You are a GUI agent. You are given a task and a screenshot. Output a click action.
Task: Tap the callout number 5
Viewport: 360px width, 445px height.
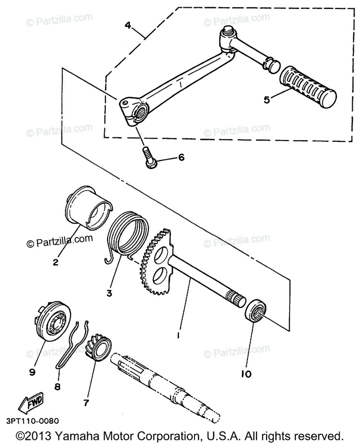[266, 99]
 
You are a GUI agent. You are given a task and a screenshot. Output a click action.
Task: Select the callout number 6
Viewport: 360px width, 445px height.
[181, 157]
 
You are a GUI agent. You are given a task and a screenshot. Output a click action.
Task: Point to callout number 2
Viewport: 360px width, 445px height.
[55, 262]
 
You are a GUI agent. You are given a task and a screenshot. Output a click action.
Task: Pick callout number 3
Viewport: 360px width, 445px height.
[109, 293]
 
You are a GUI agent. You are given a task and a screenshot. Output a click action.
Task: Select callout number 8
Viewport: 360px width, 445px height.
[57, 387]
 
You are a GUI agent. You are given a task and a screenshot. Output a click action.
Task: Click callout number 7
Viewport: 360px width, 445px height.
[86, 403]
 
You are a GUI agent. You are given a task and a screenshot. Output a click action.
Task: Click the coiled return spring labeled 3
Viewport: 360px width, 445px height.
[128, 233]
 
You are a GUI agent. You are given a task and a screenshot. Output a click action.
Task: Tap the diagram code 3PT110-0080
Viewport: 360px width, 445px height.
[32, 421]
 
